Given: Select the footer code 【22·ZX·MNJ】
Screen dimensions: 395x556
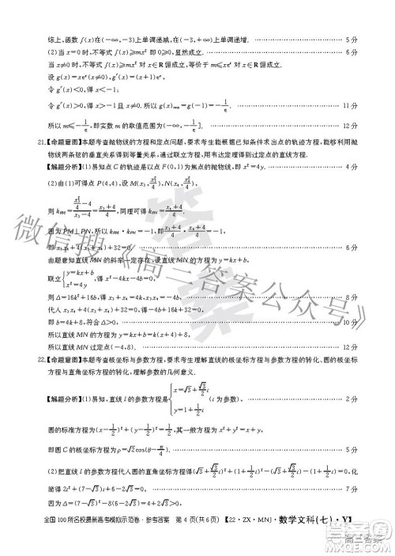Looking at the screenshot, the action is (x=254, y=541).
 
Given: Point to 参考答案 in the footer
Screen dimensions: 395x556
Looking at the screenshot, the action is (x=145, y=541).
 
